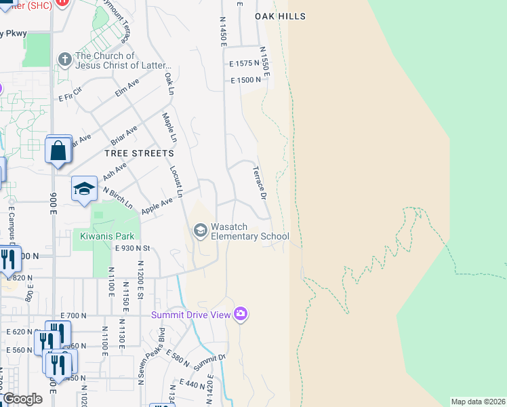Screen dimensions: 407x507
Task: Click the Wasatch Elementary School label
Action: (249, 231)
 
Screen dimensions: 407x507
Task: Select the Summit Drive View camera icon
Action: (240, 314)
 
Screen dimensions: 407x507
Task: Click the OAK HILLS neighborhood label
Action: (280, 16)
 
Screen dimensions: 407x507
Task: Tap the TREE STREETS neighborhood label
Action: (139, 153)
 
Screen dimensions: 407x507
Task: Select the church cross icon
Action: (65, 59)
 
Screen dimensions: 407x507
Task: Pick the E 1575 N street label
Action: (245, 63)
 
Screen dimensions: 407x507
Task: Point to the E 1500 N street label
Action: (245, 80)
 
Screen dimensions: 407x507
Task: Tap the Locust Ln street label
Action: (176, 181)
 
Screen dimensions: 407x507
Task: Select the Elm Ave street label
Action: (127, 88)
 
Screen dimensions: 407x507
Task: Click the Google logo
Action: (22, 399)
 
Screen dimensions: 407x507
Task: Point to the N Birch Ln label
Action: (117, 197)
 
